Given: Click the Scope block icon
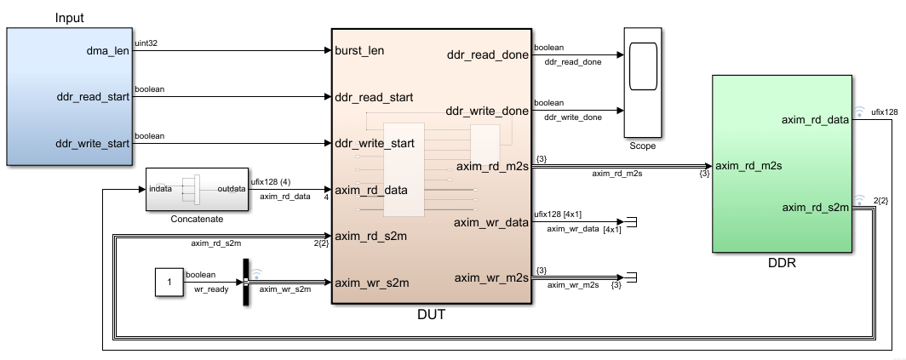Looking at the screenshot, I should point(643,82).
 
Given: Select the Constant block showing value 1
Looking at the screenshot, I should point(169,282).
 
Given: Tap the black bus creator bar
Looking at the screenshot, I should point(244,281).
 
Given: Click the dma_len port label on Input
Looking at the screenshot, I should point(106,50).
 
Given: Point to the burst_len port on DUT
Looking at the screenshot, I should point(359,50).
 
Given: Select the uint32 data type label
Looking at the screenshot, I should point(146,43).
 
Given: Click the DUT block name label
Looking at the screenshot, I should point(432,315).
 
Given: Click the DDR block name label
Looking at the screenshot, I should point(781,263).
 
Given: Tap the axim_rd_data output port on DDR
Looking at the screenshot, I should point(815,120).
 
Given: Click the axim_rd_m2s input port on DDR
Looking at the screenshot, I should point(748,165).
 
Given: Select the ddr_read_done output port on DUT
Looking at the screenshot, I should point(488,55).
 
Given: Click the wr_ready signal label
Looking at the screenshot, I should point(205,289).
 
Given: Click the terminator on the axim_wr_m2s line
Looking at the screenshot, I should point(632,277).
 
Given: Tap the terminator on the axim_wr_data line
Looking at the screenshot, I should point(632,223).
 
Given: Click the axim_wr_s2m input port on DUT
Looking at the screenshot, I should point(372,283).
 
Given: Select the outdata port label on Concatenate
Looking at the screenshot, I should point(232,189).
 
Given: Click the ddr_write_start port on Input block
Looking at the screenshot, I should point(92,143).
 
